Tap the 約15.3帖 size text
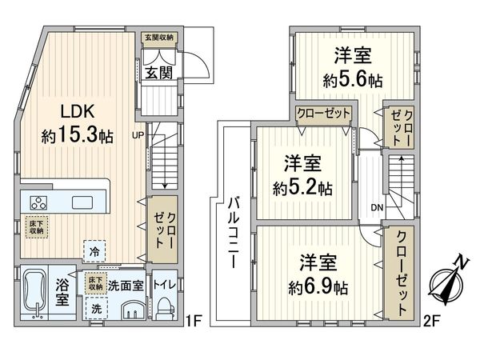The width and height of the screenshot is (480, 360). coord(77,135)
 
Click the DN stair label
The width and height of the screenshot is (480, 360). coord(377,210)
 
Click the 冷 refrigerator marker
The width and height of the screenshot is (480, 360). coord(95,250)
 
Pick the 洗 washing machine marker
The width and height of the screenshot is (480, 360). coord(96,308)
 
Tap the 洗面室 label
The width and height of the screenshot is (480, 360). coord(126,285)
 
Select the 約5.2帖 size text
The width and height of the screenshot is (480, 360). coord(302,189)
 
